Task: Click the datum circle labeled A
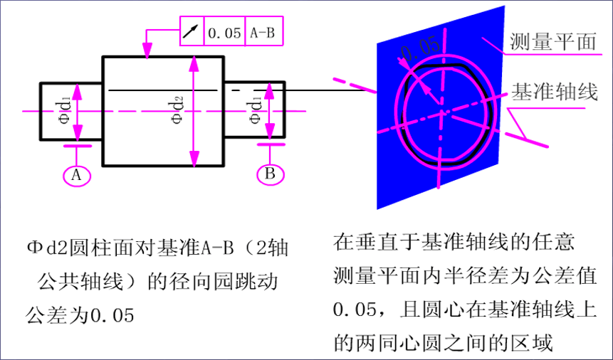click(x=76, y=174)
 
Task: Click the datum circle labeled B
click(x=270, y=173)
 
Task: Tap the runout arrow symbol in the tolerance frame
click(x=190, y=32)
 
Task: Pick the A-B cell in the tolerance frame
click(x=261, y=32)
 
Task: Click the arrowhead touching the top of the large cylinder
click(x=147, y=53)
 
